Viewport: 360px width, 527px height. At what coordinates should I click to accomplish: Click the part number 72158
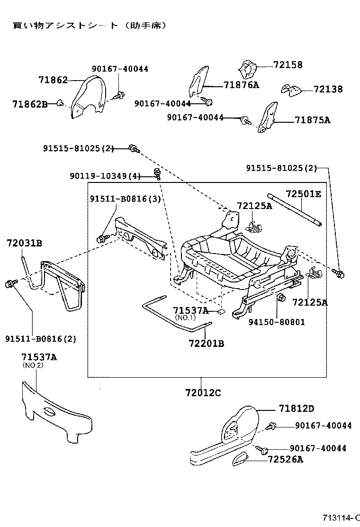[288, 65]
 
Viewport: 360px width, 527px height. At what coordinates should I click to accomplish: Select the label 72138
[327, 89]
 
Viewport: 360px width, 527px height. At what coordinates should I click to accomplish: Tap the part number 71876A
[242, 85]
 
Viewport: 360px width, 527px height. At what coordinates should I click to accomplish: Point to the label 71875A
[312, 120]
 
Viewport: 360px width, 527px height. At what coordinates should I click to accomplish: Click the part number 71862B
[30, 103]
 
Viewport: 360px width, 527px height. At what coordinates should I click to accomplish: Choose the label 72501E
[303, 193]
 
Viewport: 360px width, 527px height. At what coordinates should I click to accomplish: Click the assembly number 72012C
[203, 393]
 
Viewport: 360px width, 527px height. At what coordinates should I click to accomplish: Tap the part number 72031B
[25, 244]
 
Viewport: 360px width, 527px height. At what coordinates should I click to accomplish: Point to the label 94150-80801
[277, 322]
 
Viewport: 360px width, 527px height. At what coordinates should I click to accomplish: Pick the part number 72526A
[285, 459]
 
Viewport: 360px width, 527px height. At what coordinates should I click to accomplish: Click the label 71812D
[297, 409]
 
